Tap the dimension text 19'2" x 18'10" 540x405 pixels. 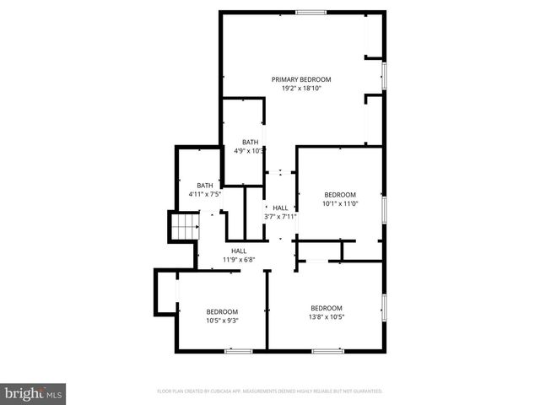(x=296, y=88)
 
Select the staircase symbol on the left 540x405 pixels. (x=183, y=227)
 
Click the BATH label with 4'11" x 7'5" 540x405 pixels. (x=205, y=186)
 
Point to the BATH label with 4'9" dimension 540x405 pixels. (x=250, y=142)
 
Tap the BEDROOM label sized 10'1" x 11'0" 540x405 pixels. (x=340, y=194)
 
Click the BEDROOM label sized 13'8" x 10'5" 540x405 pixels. (x=327, y=308)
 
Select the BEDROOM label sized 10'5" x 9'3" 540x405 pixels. (x=223, y=311)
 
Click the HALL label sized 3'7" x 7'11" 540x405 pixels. (x=280, y=208)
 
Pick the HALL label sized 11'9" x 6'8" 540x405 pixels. (x=239, y=251)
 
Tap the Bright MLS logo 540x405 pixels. (x=34, y=393)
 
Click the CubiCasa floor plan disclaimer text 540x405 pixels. (x=270, y=391)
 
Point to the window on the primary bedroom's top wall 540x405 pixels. (x=310, y=12)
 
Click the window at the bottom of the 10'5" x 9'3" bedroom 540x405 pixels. (x=238, y=350)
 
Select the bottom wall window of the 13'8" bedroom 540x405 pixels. (x=327, y=350)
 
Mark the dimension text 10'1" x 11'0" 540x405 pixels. (x=340, y=202)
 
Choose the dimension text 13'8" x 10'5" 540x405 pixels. (x=327, y=316)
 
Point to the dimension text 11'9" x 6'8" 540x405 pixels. (x=239, y=259)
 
